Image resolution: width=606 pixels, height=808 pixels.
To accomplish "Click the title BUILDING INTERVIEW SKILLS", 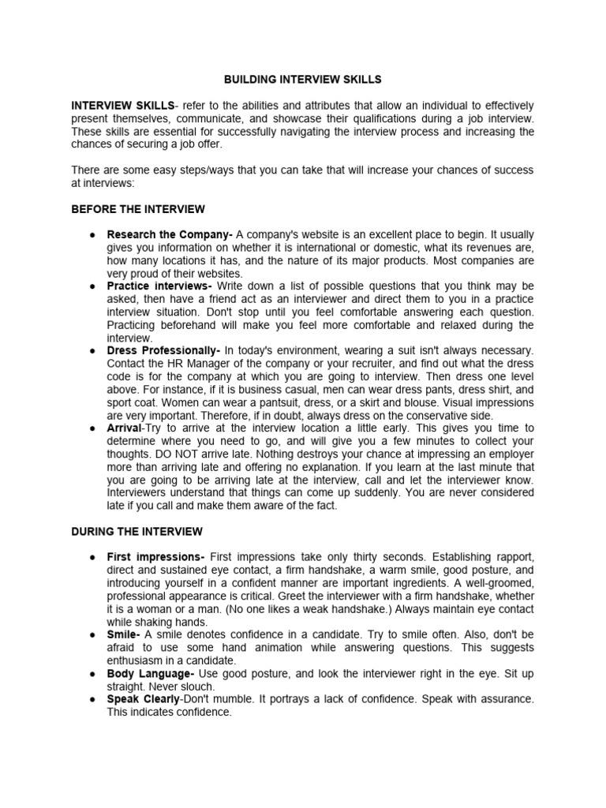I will pos(303,80).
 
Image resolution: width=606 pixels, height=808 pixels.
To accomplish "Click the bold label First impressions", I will pos(156,557).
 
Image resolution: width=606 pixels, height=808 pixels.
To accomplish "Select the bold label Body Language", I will pos(151,673).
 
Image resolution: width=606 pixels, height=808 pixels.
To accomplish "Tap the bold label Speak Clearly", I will pos(144,699).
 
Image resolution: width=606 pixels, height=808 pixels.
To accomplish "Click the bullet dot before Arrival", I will pos(93,428).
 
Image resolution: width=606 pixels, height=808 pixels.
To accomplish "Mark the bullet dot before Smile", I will pos(93,634).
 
